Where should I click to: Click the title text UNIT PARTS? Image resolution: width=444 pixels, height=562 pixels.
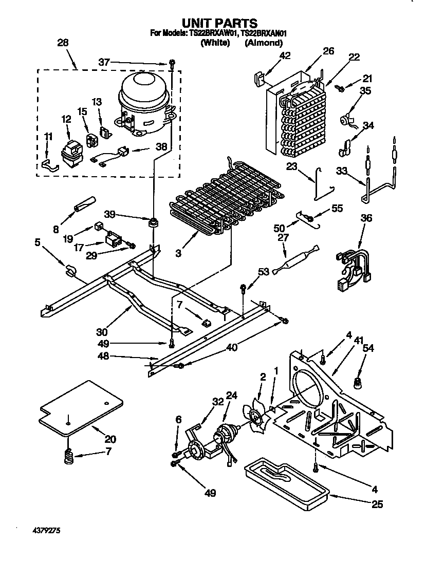(219, 23)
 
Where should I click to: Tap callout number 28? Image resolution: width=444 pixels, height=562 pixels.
(63, 44)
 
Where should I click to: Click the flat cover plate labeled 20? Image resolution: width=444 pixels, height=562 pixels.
(82, 406)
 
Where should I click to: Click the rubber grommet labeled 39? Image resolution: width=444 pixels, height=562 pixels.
(153, 222)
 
